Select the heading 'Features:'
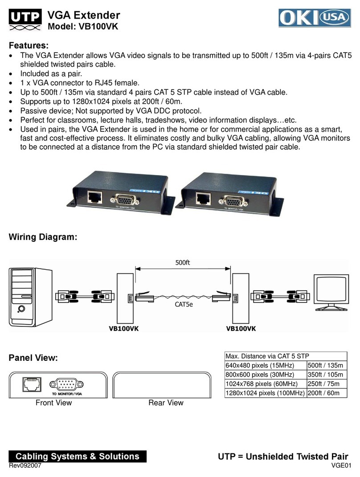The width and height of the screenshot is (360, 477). (28, 46)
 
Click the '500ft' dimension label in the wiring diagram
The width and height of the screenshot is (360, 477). (182, 263)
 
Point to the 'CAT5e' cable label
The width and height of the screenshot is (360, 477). (182, 306)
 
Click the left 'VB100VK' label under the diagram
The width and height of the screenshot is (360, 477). (124, 329)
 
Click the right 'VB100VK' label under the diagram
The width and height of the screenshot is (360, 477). (241, 329)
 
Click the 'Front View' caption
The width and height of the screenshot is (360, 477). (53, 403)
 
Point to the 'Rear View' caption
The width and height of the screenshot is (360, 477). (166, 403)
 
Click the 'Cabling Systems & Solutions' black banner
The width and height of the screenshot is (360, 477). (77, 456)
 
